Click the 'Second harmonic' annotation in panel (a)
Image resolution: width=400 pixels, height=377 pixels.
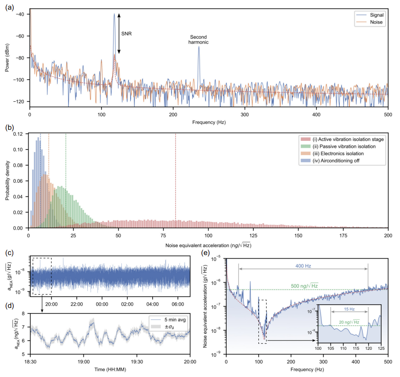(x=199, y=39)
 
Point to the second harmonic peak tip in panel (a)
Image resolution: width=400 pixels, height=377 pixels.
(x=199, y=46)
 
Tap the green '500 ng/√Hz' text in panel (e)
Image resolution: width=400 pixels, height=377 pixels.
(x=309, y=286)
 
